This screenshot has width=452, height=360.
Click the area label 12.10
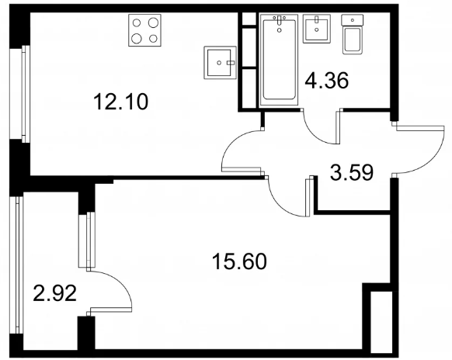click(121, 102)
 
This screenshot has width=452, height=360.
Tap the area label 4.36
click(327, 81)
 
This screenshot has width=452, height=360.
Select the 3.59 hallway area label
click(352, 172)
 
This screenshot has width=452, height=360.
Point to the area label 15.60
click(239, 261)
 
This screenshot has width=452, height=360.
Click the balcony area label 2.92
click(55, 292)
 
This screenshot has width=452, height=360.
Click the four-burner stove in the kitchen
click(144, 30)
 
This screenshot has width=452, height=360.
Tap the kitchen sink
click(221, 63)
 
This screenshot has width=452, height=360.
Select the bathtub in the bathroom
click(279, 61)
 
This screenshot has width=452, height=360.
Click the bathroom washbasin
click(317, 29)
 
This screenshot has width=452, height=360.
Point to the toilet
click(352, 34)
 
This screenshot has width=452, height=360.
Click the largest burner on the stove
click(153, 22)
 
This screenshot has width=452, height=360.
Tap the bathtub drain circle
click(279, 29)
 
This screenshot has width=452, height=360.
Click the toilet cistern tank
click(353, 20)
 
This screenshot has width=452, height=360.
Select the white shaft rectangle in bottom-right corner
click(381, 320)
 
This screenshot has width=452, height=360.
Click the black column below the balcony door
click(86, 333)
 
